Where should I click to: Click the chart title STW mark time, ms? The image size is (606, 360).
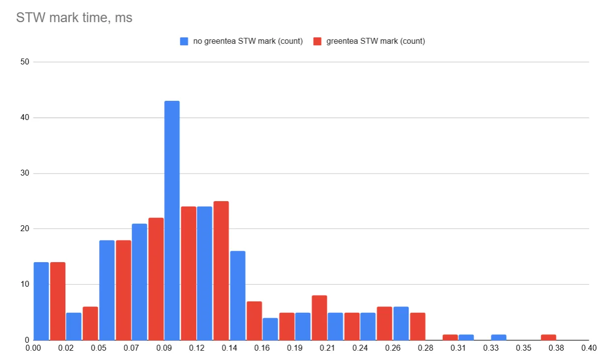(x=74, y=18)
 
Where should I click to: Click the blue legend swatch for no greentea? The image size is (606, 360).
(x=184, y=41)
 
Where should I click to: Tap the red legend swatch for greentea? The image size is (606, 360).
(x=317, y=41)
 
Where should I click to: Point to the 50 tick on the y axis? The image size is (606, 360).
(x=25, y=62)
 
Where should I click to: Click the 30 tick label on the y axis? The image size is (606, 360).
(x=25, y=173)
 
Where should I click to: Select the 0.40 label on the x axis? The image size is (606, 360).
(x=588, y=349)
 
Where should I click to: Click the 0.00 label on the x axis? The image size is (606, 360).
(x=33, y=349)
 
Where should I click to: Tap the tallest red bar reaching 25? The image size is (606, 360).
(x=221, y=270)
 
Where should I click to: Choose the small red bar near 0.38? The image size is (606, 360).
(x=548, y=337)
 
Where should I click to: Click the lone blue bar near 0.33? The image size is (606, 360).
(x=499, y=337)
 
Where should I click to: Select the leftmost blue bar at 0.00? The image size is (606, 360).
(x=41, y=301)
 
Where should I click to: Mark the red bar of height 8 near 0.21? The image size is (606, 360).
(x=319, y=318)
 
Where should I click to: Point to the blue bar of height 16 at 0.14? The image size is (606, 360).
(x=237, y=296)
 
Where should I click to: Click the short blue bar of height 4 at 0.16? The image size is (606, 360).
(x=270, y=329)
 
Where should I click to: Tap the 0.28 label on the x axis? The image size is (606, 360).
(x=426, y=349)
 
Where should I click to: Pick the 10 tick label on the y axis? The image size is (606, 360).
(x=25, y=284)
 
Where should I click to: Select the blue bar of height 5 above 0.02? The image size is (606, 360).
(x=74, y=326)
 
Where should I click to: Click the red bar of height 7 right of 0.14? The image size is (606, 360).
(x=254, y=321)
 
